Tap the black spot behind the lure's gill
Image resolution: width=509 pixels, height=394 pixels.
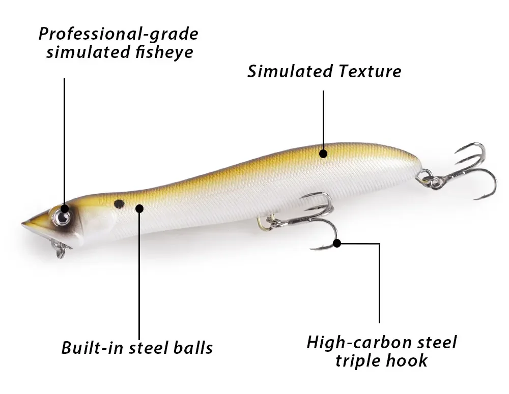(119, 204)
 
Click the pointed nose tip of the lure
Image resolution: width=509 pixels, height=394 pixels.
(24, 222)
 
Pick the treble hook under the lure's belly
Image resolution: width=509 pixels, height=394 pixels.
(310, 219)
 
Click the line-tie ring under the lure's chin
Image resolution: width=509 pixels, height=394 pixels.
(60, 249)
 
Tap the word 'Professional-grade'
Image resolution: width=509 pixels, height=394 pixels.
(118, 34)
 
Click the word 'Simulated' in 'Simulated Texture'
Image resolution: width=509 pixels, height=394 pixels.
(285, 71)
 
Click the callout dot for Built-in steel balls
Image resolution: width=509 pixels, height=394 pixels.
(139, 207)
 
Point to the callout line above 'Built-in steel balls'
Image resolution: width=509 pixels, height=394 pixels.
(139, 275)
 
